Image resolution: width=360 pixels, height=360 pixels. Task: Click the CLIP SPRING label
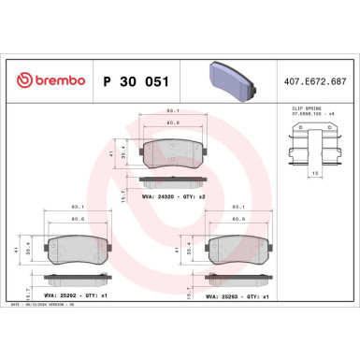(300, 109)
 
